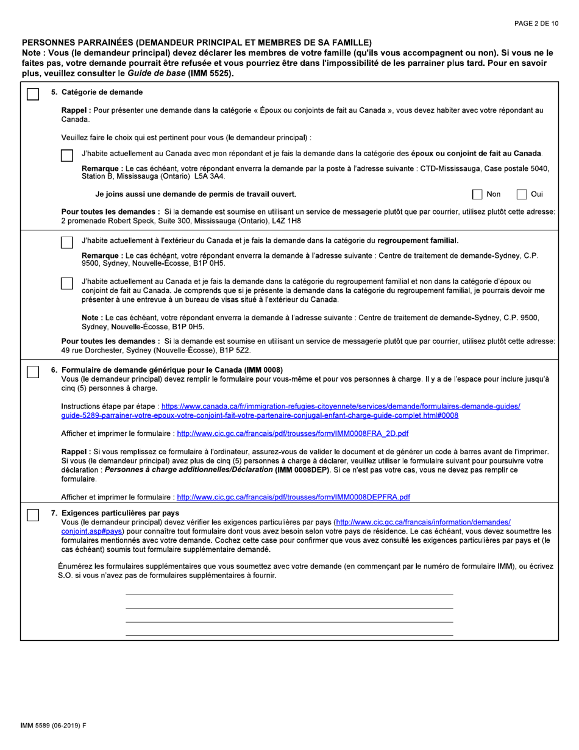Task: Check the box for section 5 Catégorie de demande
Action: [34, 94]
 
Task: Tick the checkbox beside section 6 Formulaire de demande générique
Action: [34, 371]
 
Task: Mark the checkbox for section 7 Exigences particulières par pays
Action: [34, 515]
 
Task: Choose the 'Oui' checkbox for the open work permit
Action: [522, 195]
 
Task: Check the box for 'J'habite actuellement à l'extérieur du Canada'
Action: [67, 242]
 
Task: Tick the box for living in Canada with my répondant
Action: [67, 155]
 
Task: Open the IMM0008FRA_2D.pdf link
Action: [293, 434]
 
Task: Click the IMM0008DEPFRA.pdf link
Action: [293, 497]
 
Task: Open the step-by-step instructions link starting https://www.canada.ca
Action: [340, 406]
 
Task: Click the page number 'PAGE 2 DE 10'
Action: [536, 24]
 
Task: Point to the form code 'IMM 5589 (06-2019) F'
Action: [54, 725]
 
